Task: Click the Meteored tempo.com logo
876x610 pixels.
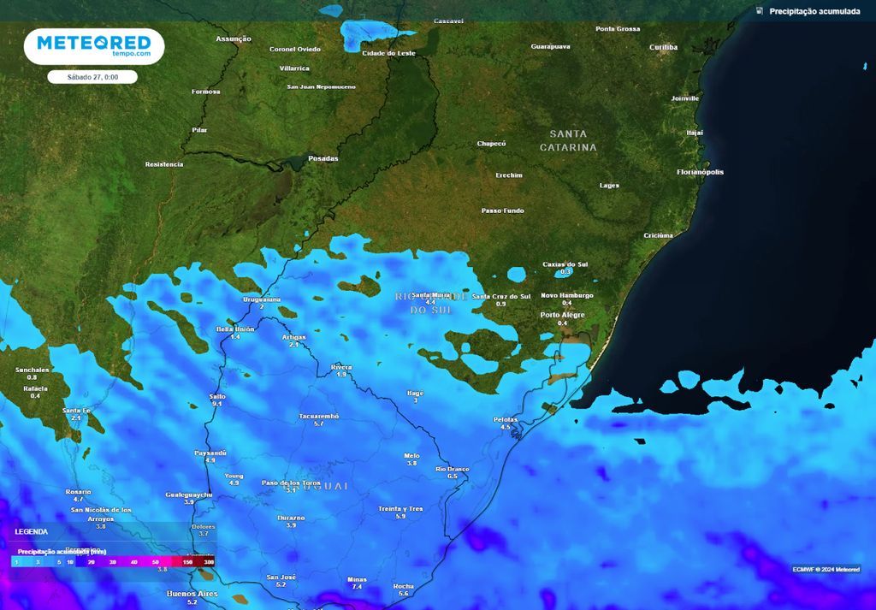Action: (x=94, y=46)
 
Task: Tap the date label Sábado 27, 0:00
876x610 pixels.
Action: (x=93, y=77)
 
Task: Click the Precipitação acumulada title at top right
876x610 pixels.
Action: (x=814, y=11)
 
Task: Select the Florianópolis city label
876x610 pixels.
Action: (x=700, y=172)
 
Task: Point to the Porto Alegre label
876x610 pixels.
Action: (x=562, y=315)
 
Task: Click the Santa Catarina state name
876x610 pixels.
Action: (x=568, y=140)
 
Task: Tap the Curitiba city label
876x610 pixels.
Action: (x=663, y=47)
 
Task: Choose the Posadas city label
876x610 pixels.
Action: (x=323, y=158)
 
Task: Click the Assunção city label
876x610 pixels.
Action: (x=234, y=38)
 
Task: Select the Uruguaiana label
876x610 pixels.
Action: (x=262, y=299)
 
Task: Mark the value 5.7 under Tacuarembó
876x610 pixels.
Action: (x=319, y=423)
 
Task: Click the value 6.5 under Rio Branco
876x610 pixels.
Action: (x=453, y=476)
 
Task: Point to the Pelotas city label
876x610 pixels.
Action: (x=506, y=419)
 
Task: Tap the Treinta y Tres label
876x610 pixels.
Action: (x=400, y=508)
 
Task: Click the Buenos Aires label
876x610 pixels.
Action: (x=192, y=593)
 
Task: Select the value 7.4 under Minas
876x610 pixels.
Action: (x=357, y=587)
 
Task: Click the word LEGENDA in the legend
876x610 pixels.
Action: (x=32, y=531)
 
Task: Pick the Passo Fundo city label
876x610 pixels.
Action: (x=502, y=210)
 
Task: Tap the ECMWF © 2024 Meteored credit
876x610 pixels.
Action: (x=826, y=569)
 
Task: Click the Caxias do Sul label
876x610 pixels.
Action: (x=565, y=264)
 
